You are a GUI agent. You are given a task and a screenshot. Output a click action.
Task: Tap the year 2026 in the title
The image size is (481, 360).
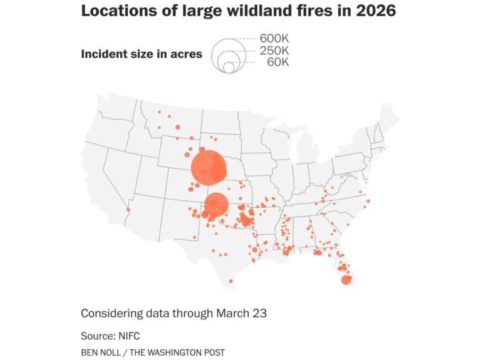click(375, 11)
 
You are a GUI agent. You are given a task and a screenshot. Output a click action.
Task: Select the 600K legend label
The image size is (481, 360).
click(274, 39)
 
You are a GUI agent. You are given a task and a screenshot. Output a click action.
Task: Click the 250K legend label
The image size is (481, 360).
click(274, 50)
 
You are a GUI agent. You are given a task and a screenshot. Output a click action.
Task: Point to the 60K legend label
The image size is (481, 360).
click(278, 61)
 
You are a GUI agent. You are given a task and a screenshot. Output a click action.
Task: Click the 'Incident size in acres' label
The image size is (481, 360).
click(142, 54)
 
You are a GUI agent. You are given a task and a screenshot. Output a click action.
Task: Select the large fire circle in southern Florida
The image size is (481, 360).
click(346, 280)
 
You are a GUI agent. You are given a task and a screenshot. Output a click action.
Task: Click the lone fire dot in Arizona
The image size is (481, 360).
click(128, 210)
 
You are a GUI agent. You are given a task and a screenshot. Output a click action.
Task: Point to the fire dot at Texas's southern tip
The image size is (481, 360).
click(231, 281)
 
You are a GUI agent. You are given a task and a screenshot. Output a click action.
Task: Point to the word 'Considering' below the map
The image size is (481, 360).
click(111, 313)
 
